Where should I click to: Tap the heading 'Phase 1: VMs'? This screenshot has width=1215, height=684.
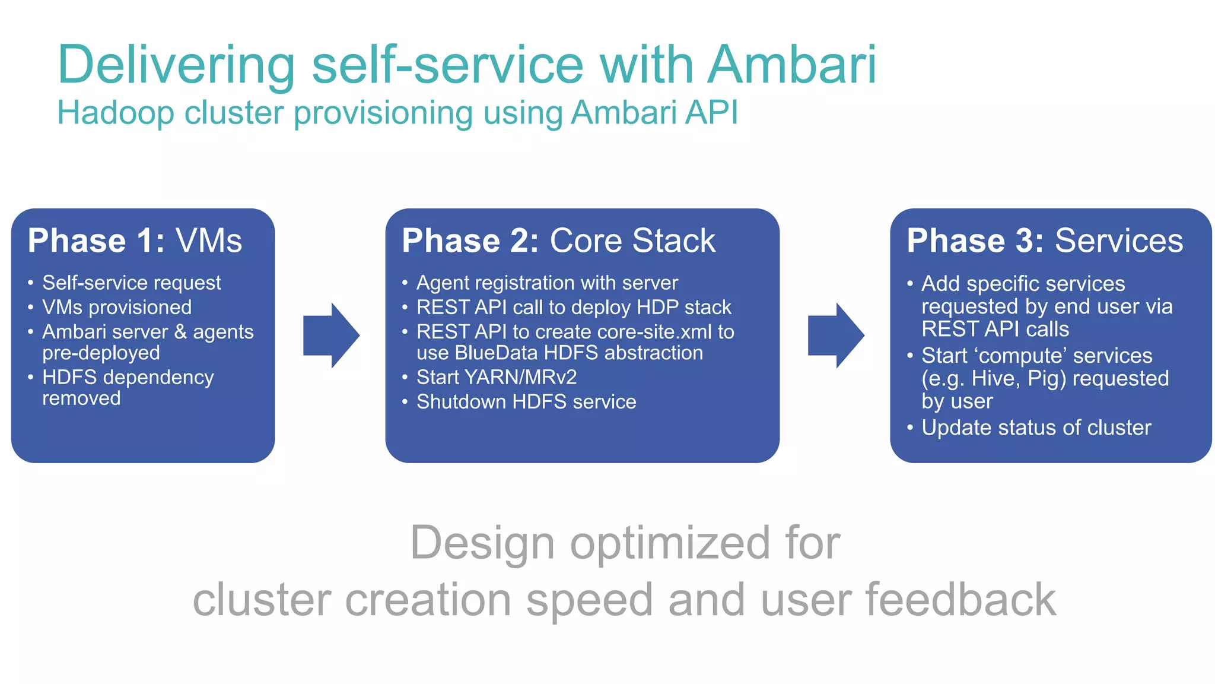click(135, 241)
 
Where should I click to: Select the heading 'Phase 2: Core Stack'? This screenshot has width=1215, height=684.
click(558, 241)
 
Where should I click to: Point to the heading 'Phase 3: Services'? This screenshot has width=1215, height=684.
click(1045, 241)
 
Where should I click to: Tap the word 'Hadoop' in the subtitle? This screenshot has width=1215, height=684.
click(116, 112)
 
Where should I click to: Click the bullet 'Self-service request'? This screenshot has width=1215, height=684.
click(131, 283)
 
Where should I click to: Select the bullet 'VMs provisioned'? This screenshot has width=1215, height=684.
click(117, 307)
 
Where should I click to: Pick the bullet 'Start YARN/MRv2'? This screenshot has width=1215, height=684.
click(497, 377)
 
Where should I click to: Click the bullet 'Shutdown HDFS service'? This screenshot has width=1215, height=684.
click(526, 402)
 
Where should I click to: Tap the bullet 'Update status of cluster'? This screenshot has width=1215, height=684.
click(1036, 427)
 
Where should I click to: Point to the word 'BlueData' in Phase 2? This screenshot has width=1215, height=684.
click(496, 353)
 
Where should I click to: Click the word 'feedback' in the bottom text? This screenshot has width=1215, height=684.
click(961, 600)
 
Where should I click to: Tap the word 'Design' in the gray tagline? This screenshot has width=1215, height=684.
click(482, 543)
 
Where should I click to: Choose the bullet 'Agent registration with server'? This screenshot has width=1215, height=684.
click(547, 283)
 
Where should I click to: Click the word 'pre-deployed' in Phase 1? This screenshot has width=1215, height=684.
click(101, 353)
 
